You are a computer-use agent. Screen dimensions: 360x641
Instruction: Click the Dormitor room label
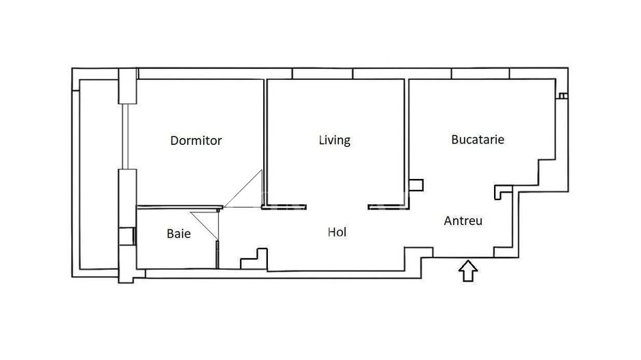coord(196,141)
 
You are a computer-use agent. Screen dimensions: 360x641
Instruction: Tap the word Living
coord(335,140)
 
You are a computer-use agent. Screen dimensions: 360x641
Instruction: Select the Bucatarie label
coord(478,139)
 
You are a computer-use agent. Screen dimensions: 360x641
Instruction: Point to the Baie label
coord(178,234)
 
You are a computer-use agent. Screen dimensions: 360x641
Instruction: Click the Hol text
coord(337,232)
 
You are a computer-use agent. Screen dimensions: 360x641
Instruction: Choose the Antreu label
coord(463,221)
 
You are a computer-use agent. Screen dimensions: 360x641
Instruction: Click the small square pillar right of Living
coord(416,184)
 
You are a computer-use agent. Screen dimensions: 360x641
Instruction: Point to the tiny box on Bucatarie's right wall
coord(561,96)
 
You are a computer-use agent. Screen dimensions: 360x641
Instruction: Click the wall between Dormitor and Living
coord(265,137)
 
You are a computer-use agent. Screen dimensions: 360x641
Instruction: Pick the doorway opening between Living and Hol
coord(338,206)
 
